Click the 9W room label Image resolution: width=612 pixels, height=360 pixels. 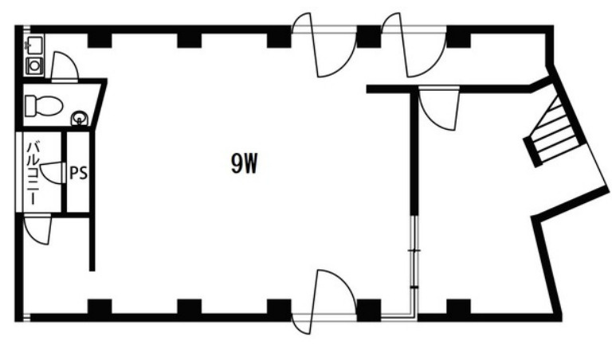(245, 164)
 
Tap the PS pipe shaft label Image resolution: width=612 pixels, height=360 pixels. (78, 173)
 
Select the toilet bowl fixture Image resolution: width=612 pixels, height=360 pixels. (44, 106)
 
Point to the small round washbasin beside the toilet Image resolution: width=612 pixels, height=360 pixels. (80, 118)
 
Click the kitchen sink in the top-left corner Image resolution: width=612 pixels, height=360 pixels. (34, 44)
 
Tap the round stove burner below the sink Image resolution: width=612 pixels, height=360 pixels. (35, 66)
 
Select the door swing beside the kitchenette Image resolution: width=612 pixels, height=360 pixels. (65, 67)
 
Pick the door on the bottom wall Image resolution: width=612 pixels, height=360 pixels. (324, 301)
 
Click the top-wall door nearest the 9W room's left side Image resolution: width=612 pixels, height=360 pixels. (324, 45)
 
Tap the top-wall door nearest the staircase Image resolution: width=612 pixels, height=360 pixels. (414, 45)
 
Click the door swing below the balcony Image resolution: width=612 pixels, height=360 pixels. (37, 229)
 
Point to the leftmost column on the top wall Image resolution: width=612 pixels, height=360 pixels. (100, 41)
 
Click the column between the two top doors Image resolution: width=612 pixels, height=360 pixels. (369, 37)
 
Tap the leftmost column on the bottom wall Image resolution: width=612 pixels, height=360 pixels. (100, 307)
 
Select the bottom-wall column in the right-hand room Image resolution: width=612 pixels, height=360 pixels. (459, 307)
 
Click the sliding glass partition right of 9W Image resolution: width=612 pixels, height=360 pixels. (414, 266)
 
